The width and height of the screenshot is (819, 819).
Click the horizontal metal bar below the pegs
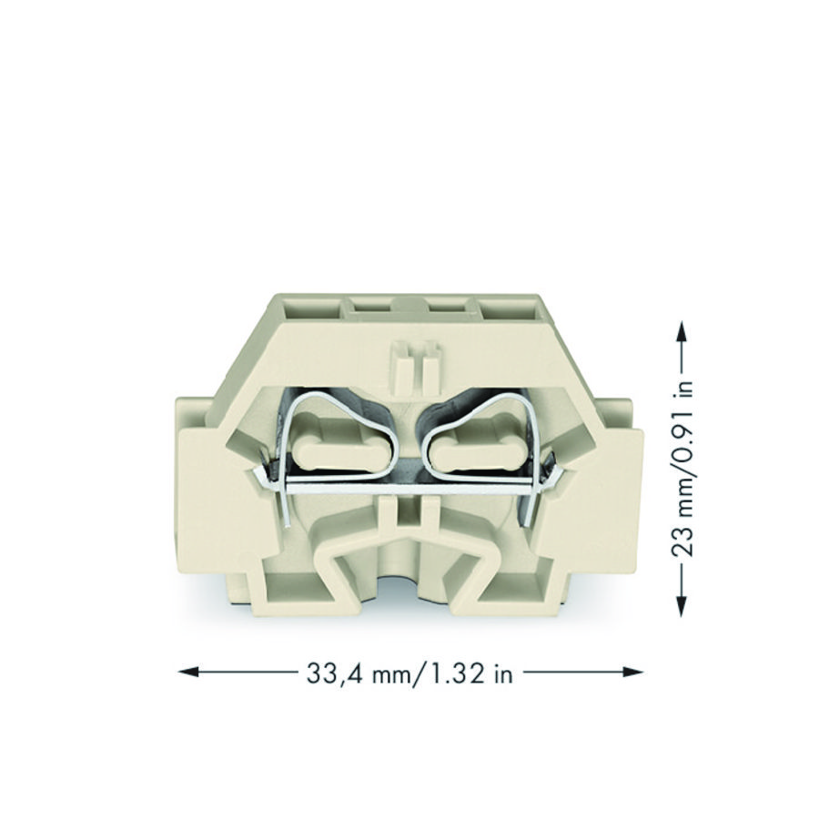coord(409,486)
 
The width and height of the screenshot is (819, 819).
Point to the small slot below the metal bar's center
coord(409,519)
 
